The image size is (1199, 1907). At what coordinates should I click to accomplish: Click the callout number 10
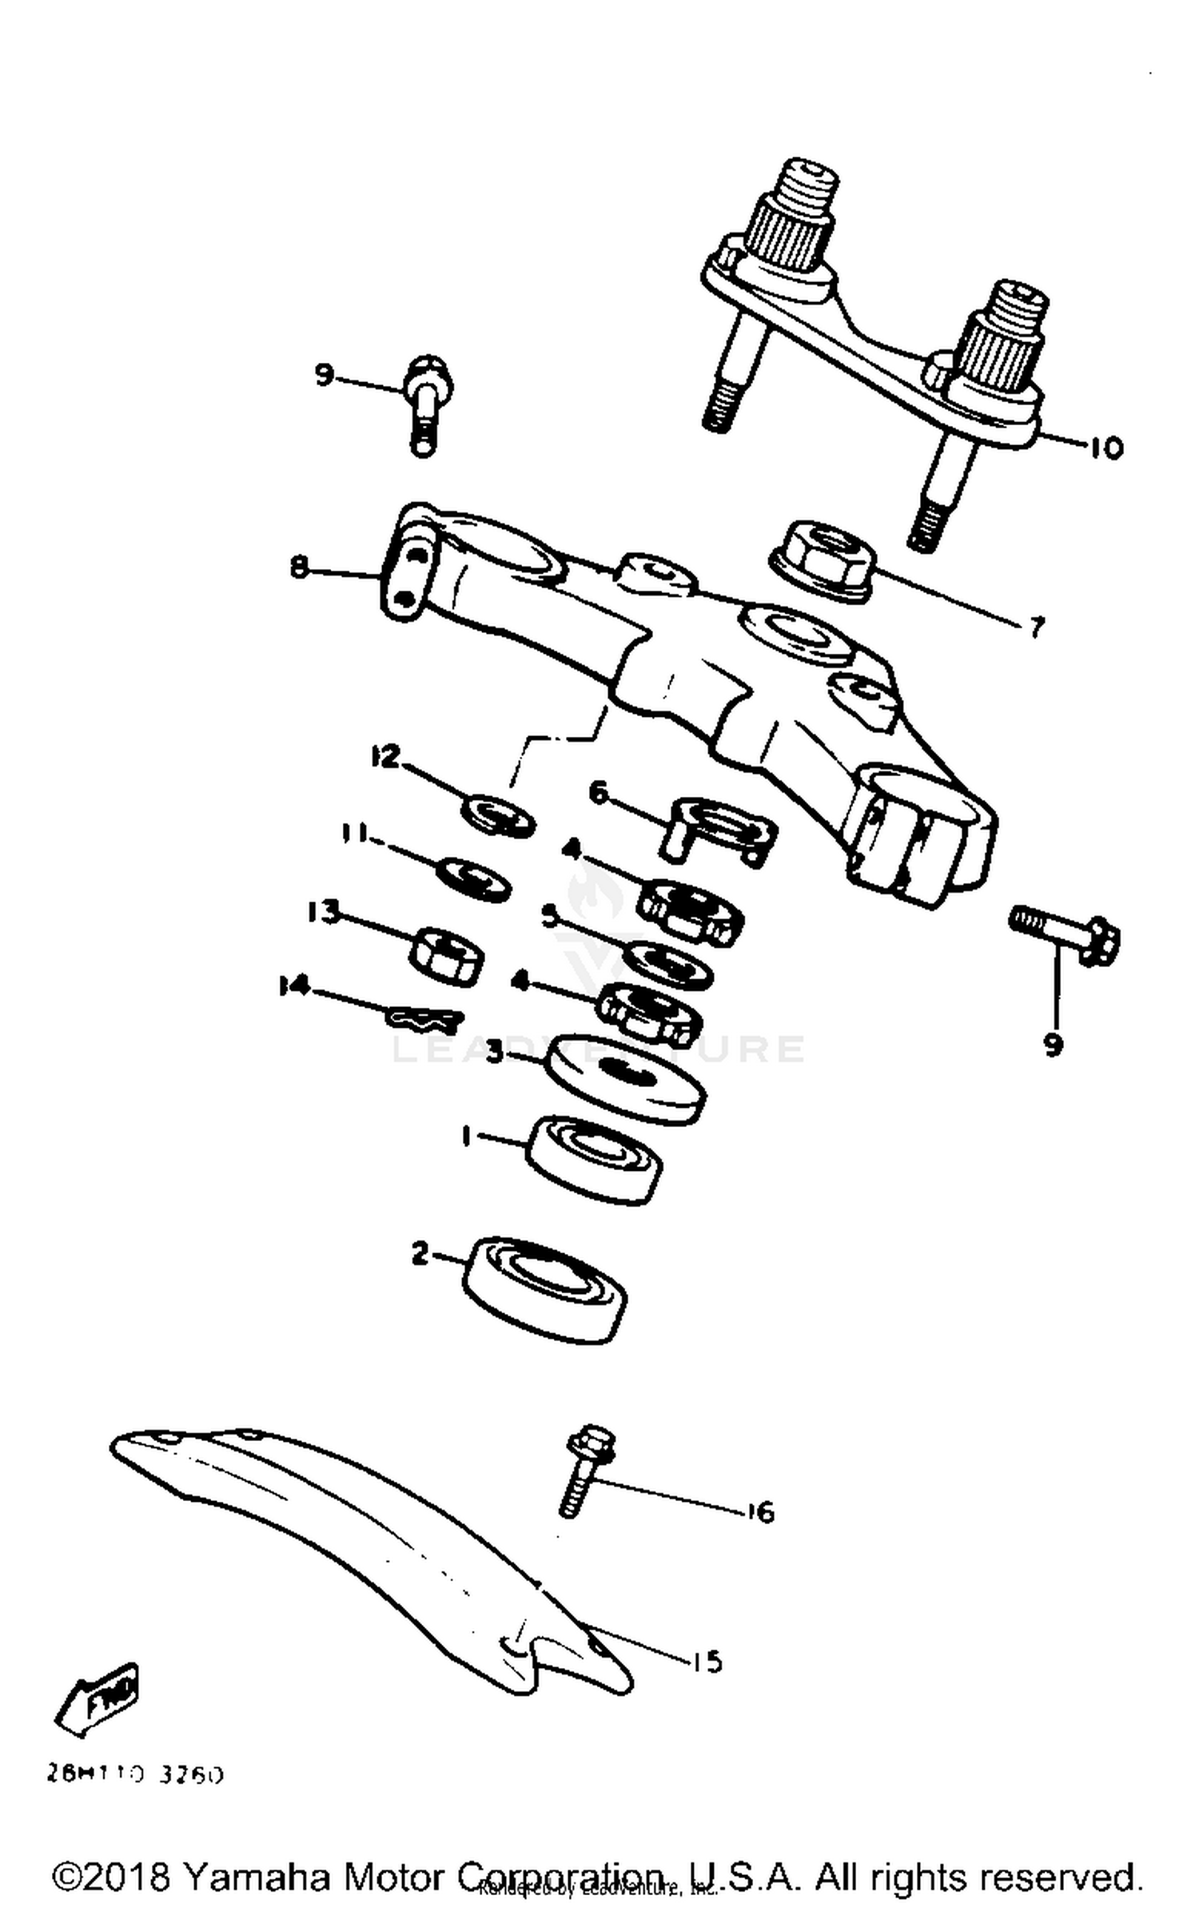(x=1105, y=448)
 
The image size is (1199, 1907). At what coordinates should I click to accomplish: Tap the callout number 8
(x=299, y=568)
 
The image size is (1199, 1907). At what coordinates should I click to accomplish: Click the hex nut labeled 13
(x=446, y=955)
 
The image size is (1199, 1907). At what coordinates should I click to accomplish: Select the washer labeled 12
(x=497, y=815)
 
